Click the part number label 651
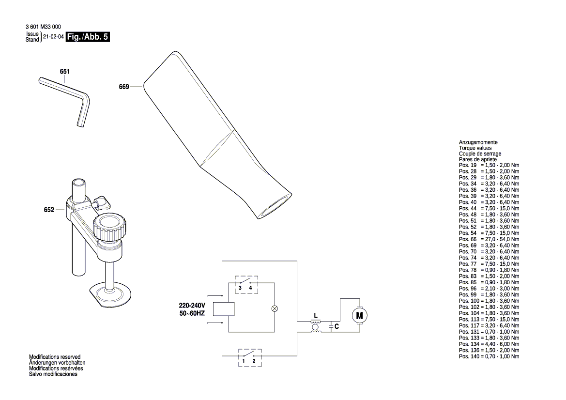pos(65,72)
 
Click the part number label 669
pos(123,87)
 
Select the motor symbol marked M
pos(359,316)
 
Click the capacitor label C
pos(337,327)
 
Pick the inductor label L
pos(316,316)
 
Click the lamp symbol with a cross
pos(275,308)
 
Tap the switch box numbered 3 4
pos(245,284)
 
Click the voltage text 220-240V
pos(192,306)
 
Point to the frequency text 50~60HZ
pos(192,314)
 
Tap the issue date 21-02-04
pos(54,37)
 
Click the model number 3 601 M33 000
pos(43,27)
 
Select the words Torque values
pos(475,148)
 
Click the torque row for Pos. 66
pos(489,239)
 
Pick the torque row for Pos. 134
pos(489,344)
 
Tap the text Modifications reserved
pos(55,357)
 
